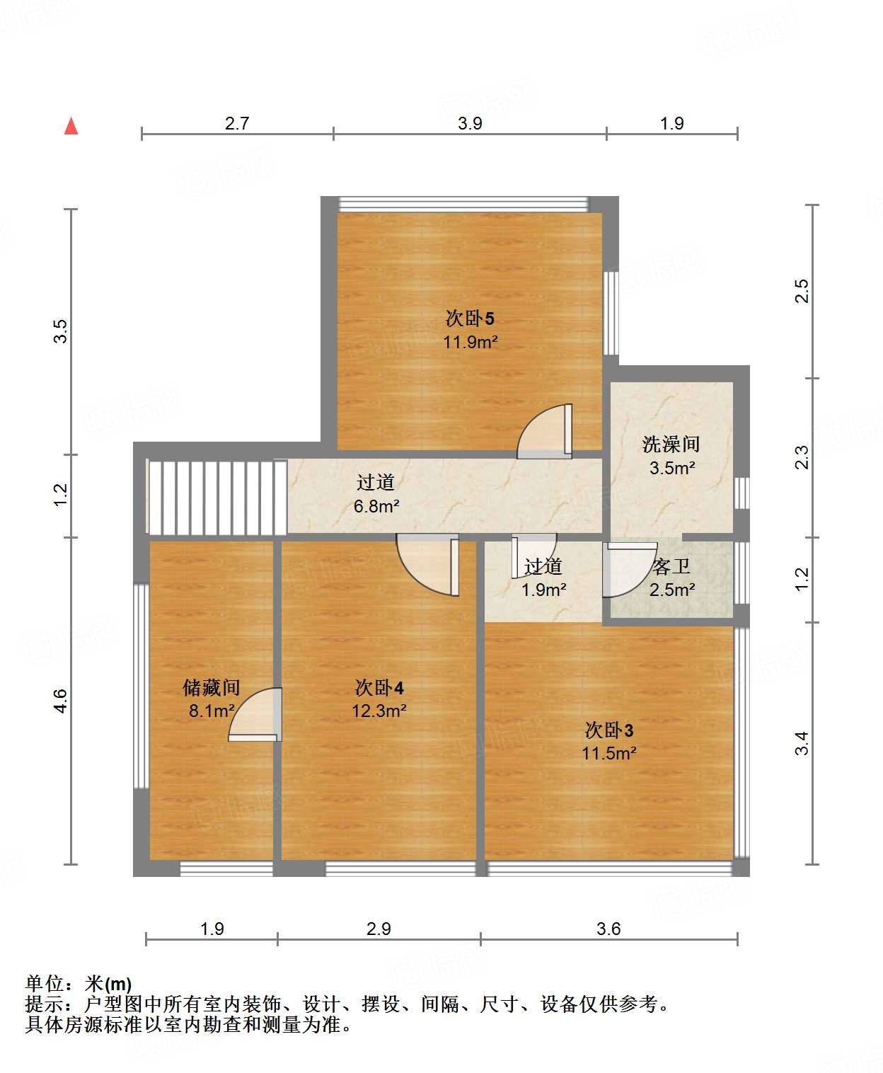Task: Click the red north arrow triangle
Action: coord(71,127)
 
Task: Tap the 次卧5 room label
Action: coord(470,319)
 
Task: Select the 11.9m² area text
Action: coord(471,343)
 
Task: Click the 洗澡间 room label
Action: coord(671,444)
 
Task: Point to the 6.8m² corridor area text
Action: coord(376,507)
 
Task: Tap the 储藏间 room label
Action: coord(211,687)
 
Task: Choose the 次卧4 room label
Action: coord(379,687)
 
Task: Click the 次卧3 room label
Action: coord(609,730)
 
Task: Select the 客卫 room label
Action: coord(671,566)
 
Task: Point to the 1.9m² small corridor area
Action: coord(543,590)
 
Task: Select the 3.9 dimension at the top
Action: coord(470,124)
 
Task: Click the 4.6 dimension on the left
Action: coord(60,701)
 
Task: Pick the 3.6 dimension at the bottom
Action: coord(608,929)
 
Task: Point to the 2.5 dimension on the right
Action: coord(801,292)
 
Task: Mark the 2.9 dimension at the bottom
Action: coord(379,929)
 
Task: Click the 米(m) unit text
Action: coord(108,984)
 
